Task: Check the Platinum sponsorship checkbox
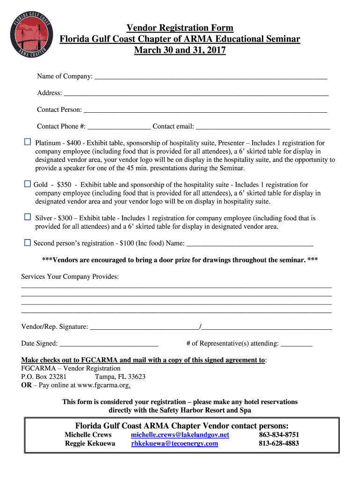click(27, 142)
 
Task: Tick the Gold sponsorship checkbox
click(27, 184)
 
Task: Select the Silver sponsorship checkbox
click(27, 217)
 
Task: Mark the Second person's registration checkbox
click(27, 242)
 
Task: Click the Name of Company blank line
click(210, 77)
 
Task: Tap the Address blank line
click(196, 94)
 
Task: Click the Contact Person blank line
click(205, 111)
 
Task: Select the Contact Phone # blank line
click(119, 127)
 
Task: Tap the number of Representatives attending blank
click(296, 345)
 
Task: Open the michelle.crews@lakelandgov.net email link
click(180, 435)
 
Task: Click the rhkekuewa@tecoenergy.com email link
click(174, 443)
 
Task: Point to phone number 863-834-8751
click(279, 435)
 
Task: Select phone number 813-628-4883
click(279, 443)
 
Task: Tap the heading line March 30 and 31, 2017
click(180, 50)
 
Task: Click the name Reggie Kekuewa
click(90, 443)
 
